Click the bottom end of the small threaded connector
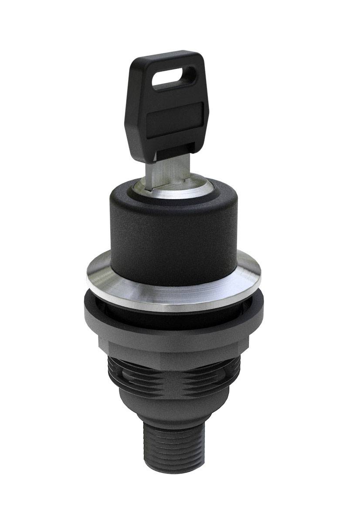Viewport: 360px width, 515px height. (174, 469)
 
